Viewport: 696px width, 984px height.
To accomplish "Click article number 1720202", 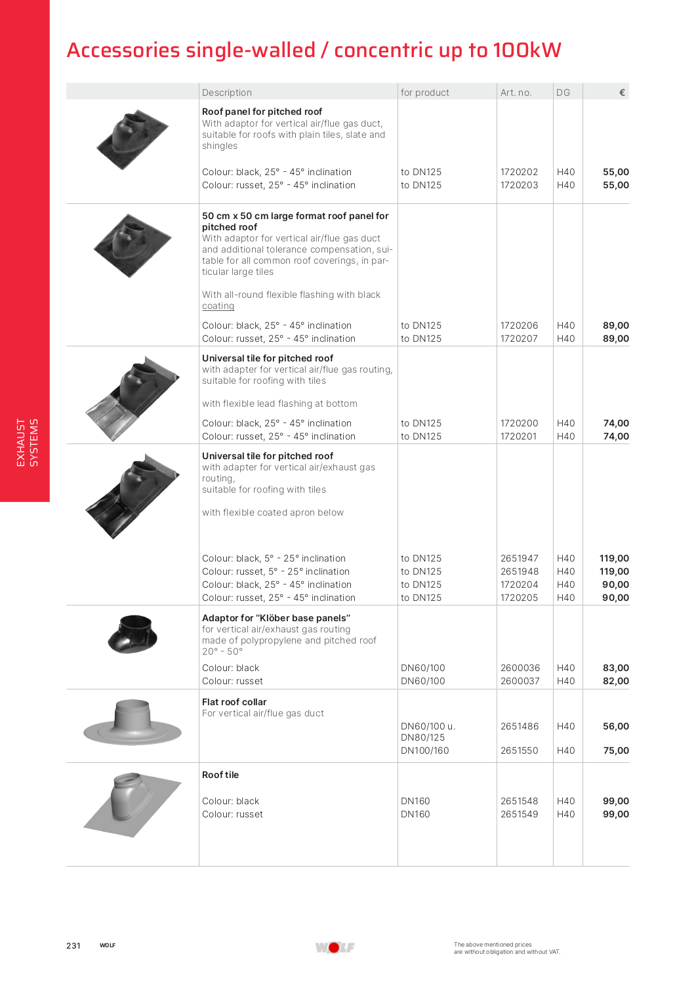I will [519, 173].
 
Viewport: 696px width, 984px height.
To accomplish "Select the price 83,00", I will [615, 668].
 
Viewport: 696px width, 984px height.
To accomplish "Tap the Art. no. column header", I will [516, 92].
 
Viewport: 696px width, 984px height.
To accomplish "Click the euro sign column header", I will [622, 92].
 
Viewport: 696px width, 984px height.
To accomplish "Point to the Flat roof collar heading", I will [234, 702].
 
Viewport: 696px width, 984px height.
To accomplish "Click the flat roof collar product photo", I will [133, 723].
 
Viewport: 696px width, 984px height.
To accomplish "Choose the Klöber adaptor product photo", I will [133, 634].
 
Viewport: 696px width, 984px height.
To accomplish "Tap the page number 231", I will [73, 946].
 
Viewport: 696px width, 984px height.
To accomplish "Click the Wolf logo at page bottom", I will [335, 947].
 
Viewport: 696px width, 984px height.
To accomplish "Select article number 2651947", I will [519, 559].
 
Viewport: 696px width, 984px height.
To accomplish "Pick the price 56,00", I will [615, 727].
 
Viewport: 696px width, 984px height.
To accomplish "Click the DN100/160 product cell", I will [424, 751].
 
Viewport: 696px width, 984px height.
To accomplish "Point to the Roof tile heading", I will [220, 775].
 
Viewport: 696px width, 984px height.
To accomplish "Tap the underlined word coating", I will [218, 306].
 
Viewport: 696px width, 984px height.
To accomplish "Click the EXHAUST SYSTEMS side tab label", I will [27, 443].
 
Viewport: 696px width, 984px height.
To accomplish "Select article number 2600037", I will [520, 682].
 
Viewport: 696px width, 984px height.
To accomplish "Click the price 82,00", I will [615, 682].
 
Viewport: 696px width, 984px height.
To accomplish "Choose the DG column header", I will [563, 92].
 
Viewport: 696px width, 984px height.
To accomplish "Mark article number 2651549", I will [519, 815].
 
